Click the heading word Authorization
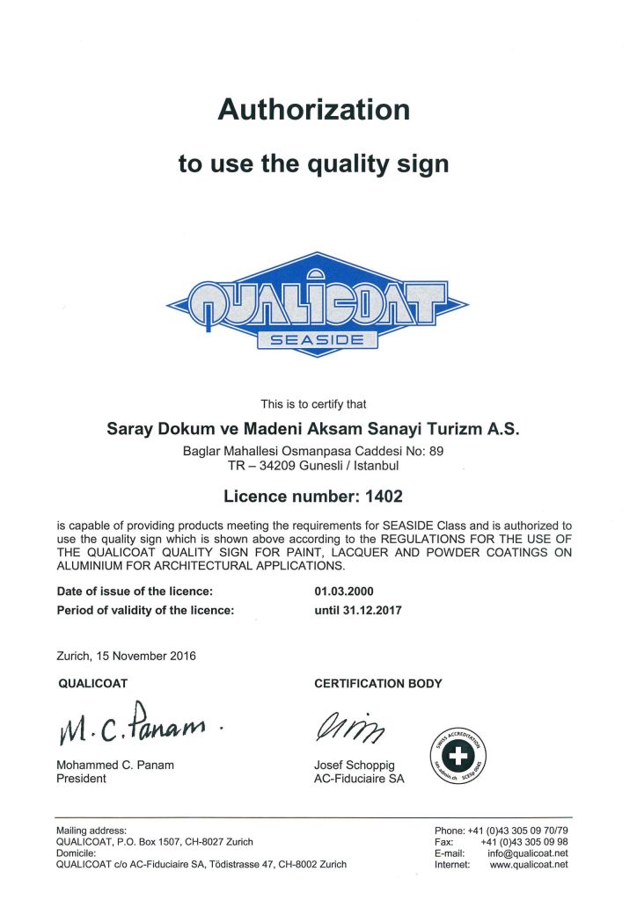[x=313, y=110]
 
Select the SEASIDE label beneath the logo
[x=318, y=340]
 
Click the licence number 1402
[x=380, y=496]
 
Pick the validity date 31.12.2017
[x=373, y=609]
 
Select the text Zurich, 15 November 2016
[x=126, y=655]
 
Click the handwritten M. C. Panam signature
[x=131, y=724]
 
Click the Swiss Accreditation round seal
[x=451, y=749]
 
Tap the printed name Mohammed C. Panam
[x=115, y=765]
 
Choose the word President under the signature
[x=81, y=779]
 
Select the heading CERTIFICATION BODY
[x=378, y=683]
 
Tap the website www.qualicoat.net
[x=529, y=864]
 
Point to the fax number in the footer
[x=524, y=841]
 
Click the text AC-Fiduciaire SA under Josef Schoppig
[x=359, y=779]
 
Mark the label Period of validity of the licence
[x=145, y=609]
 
